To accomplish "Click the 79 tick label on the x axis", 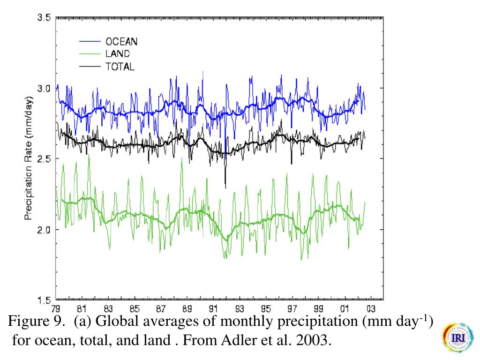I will click(x=56, y=308).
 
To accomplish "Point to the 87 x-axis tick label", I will click(x=161, y=308).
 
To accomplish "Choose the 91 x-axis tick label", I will click(x=213, y=308).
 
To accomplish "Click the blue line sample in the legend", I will click(x=90, y=42).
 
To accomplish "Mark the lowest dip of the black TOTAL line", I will click(x=225, y=187).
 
